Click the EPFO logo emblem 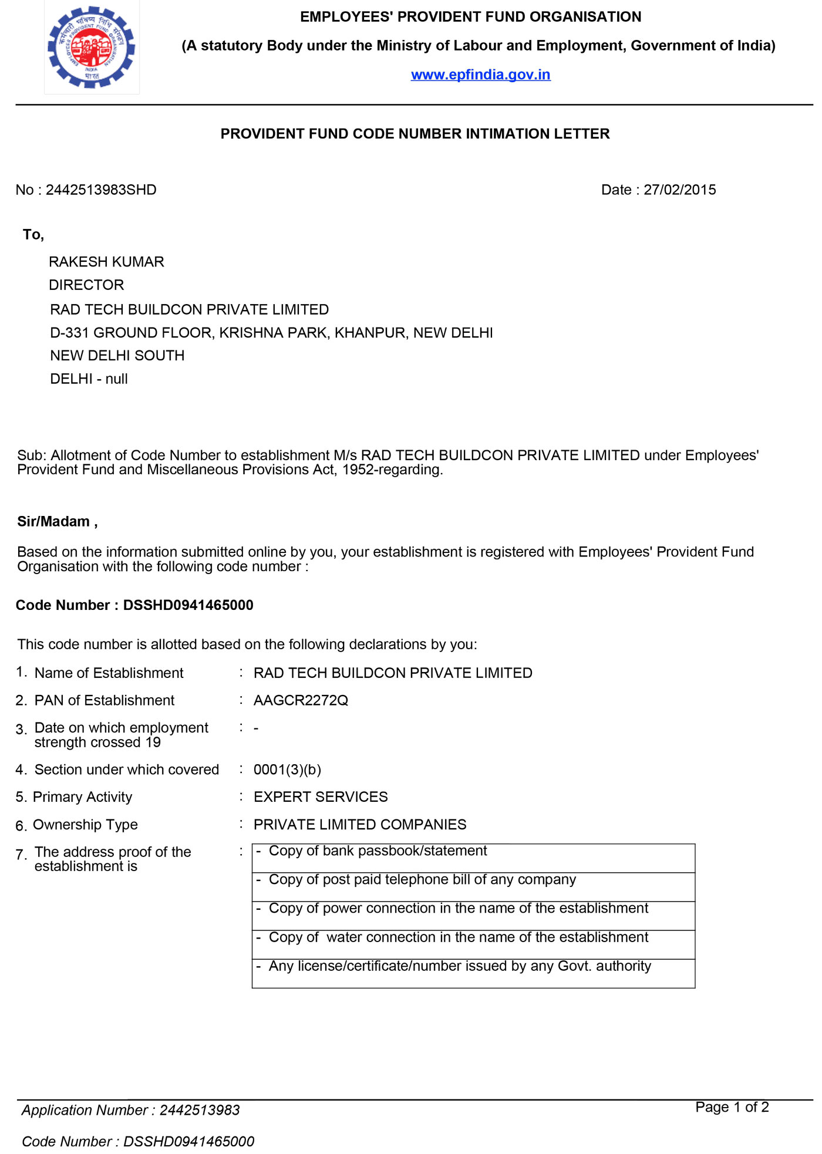(x=92, y=48)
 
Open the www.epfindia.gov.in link (x=480, y=75)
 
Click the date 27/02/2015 (x=679, y=190)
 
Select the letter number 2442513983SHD (x=101, y=190)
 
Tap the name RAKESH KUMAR (x=106, y=262)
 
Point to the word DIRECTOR (x=86, y=285)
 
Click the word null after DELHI (x=116, y=379)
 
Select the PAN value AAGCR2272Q (x=301, y=700)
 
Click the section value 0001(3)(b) (x=287, y=770)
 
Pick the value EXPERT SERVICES (x=321, y=797)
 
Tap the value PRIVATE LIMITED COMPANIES (x=360, y=825)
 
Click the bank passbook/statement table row (x=473, y=858)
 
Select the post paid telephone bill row (x=473, y=886)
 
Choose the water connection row (x=473, y=944)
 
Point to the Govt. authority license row (x=473, y=973)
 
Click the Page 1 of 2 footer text (x=732, y=1107)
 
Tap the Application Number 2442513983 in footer (x=200, y=1110)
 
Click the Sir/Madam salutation (x=57, y=522)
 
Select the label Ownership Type (x=85, y=825)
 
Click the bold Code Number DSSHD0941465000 (x=188, y=605)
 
